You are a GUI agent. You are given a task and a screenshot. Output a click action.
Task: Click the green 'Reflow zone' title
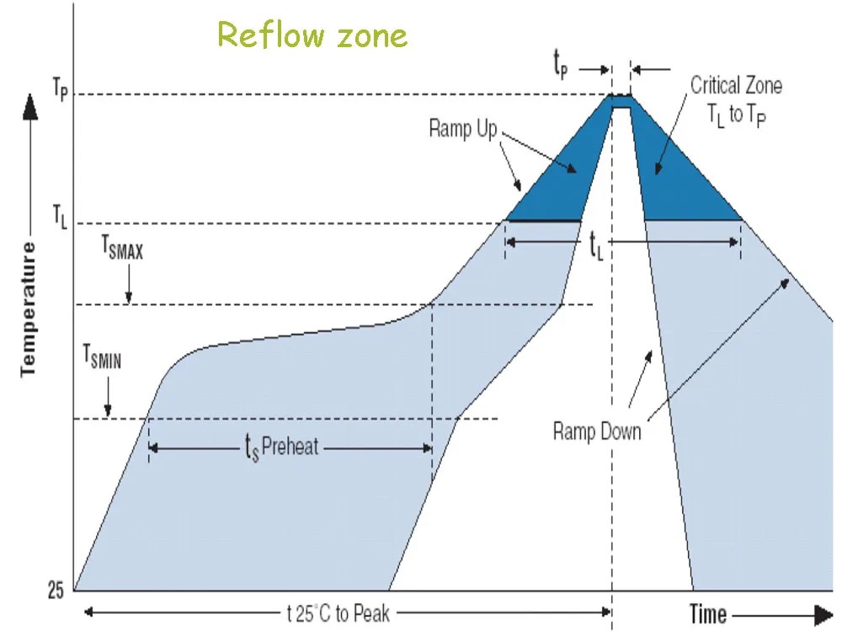[x=312, y=35]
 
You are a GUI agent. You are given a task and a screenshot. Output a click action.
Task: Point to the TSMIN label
[x=102, y=360]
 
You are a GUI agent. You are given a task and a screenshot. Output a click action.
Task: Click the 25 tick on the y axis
[x=55, y=591]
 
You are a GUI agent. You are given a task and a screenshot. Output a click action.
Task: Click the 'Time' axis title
[x=708, y=613]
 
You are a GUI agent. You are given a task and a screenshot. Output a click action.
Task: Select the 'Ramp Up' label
[x=462, y=129]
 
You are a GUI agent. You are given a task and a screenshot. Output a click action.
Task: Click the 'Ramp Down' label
[x=597, y=432]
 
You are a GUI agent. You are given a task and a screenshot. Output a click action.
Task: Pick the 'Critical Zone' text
[x=736, y=85]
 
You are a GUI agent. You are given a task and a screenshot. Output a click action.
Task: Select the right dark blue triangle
[x=674, y=181]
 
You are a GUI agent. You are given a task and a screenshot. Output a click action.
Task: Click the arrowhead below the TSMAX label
[x=128, y=297]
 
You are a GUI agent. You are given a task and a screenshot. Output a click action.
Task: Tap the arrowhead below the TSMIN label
[x=108, y=410]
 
